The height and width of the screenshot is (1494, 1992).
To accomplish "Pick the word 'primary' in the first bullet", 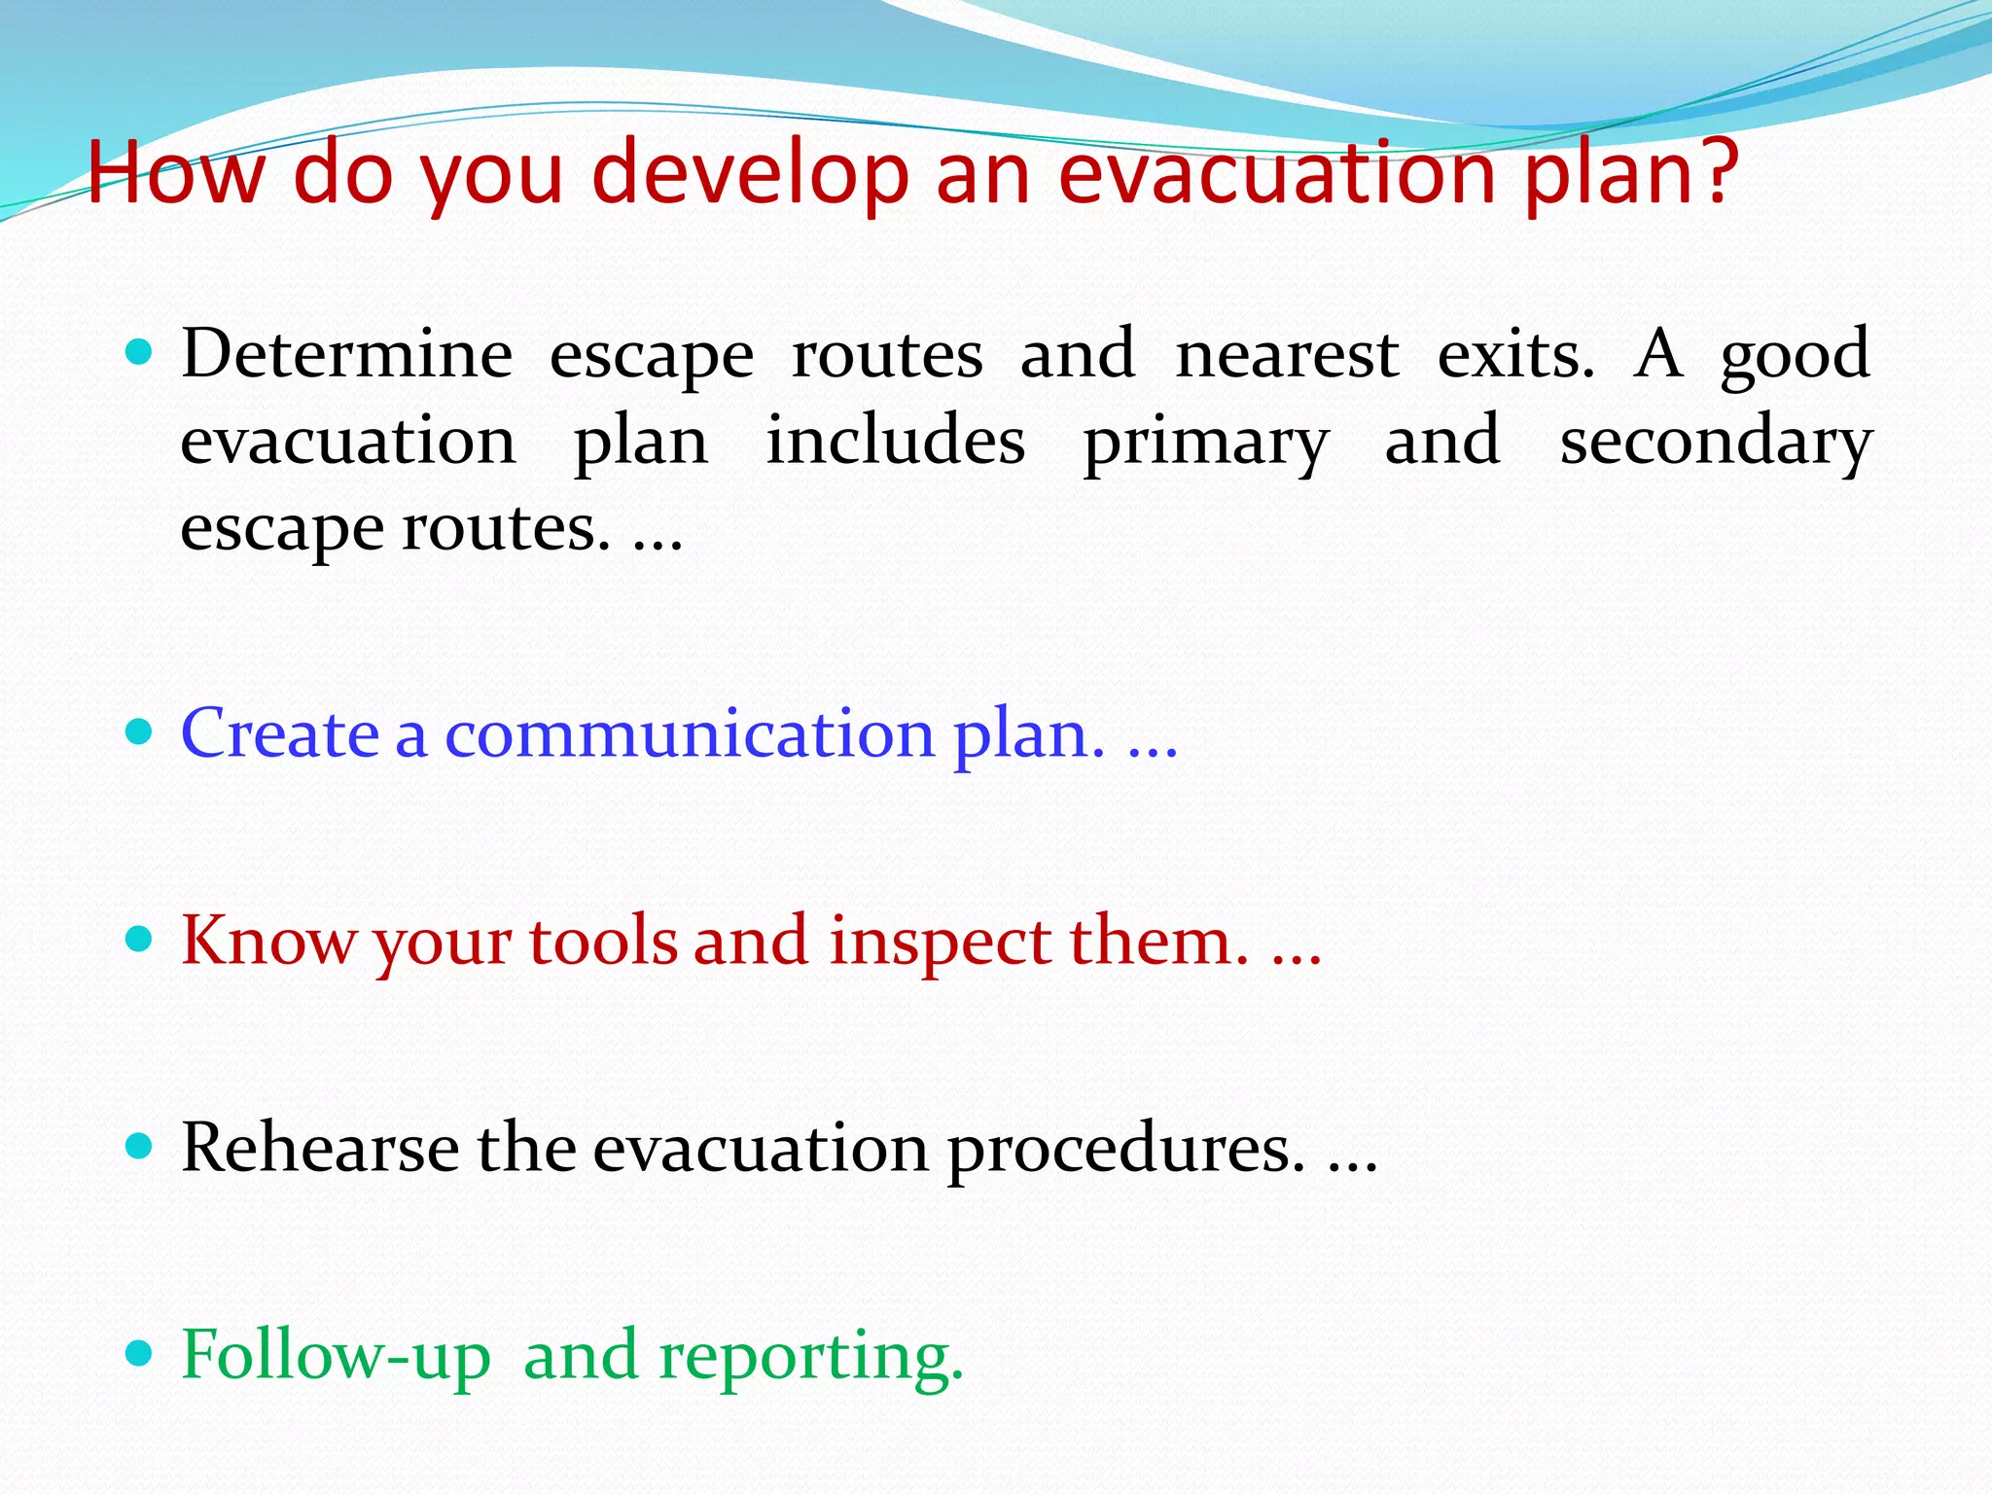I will click(x=1206, y=443).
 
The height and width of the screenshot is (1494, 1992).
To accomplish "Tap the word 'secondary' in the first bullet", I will click(x=1716, y=443).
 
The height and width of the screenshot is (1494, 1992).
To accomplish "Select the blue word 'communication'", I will click(x=689, y=733).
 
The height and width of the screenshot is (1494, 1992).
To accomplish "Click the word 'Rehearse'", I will click(x=319, y=1148).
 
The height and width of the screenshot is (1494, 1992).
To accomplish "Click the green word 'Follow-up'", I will click(x=336, y=1356).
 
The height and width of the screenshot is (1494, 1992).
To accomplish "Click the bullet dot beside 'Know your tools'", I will click(x=140, y=939).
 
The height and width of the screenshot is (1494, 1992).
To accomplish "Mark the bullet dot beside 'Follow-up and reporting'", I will click(x=140, y=1352).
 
